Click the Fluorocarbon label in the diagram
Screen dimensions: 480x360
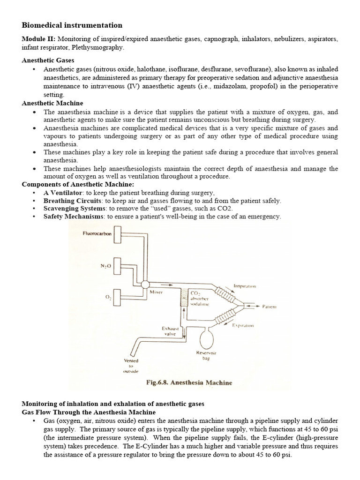pos(97,233)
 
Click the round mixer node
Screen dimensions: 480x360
pos(145,285)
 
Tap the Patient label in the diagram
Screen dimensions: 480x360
pos(270,307)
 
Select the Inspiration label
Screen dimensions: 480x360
pos(245,285)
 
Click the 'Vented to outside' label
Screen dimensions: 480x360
pos(131,365)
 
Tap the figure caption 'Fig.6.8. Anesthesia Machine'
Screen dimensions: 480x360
pos(189,382)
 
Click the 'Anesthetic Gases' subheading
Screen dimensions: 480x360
pos(48,60)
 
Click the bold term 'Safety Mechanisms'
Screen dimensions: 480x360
pos(74,216)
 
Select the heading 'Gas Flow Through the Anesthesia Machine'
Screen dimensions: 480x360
pos(89,412)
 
